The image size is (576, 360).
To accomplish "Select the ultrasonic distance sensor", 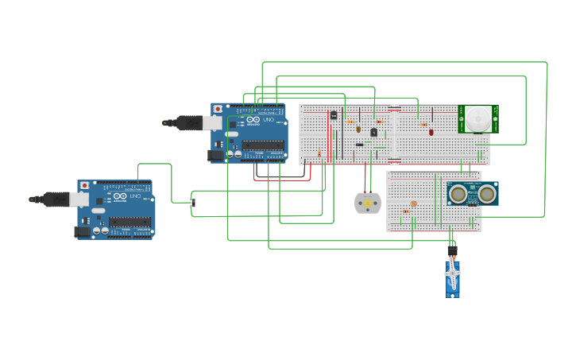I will (473, 193).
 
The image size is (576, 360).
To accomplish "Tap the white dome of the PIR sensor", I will (478, 119).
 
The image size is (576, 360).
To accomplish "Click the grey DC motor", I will (367, 203).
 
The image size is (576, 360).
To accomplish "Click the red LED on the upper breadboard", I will (431, 132).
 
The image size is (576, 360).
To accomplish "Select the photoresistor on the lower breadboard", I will (413, 204).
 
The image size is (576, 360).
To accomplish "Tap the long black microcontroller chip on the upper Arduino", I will (263, 145).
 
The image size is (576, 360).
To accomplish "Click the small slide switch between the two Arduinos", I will (193, 203).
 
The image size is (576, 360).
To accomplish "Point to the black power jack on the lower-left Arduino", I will (82, 232).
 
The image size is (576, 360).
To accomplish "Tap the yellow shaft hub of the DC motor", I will (367, 203).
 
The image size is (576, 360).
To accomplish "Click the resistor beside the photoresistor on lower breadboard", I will (406, 211).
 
